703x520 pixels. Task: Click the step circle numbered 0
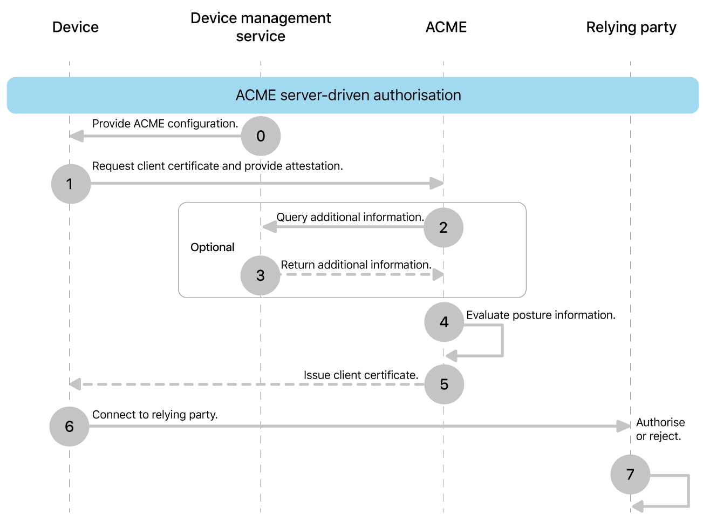(261, 136)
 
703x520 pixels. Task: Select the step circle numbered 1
(71, 184)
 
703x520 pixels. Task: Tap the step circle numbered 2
(443, 228)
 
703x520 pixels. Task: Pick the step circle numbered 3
(261, 275)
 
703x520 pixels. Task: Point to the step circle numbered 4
(444, 322)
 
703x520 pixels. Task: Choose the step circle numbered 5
(444, 384)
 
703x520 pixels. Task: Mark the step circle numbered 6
(69, 427)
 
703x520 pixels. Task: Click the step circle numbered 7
(630, 475)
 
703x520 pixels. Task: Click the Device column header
(76, 27)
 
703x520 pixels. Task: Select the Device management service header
(261, 27)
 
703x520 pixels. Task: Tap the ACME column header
(446, 27)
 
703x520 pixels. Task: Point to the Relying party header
(631, 27)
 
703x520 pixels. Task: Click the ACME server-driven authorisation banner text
(349, 95)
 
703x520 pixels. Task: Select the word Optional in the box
(213, 247)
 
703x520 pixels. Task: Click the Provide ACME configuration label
(165, 124)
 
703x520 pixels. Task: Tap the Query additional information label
(350, 217)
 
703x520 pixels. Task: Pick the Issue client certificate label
(361, 375)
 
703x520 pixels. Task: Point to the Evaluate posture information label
(541, 315)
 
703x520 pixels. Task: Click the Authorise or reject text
(660, 429)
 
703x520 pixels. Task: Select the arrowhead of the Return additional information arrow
(438, 275)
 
